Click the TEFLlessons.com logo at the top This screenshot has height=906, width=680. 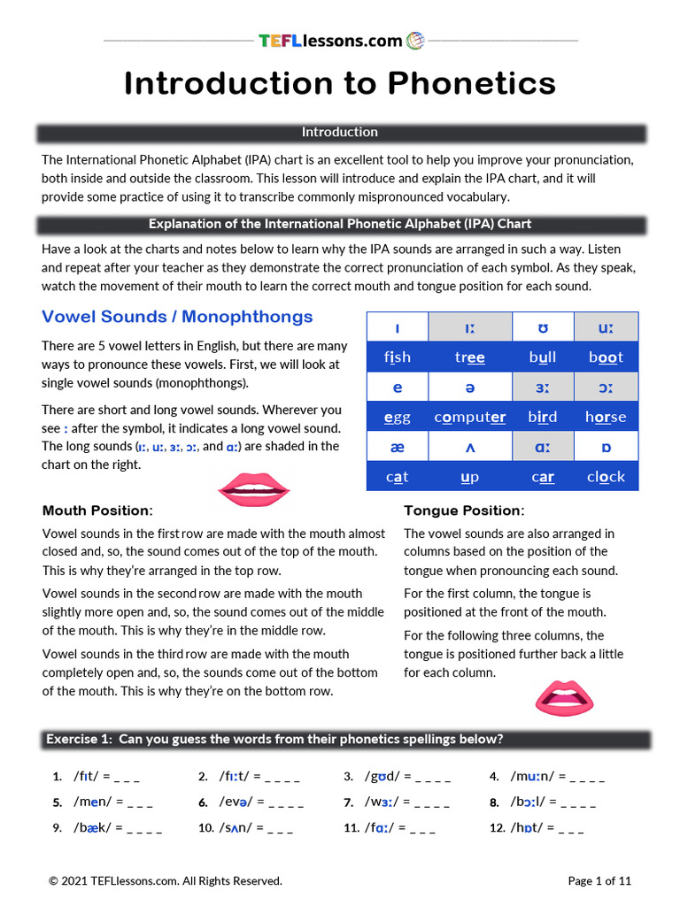[x=340, y=41]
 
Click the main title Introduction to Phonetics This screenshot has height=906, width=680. [x=340, y=84]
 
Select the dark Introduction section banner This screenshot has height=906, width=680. [x=340, y=133]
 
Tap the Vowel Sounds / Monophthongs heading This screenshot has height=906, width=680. [x=177, y=317]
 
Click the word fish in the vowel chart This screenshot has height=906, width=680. [x=398, y=357]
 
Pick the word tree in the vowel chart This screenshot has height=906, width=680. [x=470, y=357]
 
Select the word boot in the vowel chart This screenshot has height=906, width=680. [x=606, y=357]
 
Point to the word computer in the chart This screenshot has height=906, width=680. [x=470, y=417]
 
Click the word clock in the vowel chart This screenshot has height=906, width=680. [x=606, y=477]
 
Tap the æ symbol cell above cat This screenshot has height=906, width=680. [x=398, y=448]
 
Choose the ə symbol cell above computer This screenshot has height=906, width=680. [x=470, y=388]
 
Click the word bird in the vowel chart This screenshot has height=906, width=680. [x=543, y=417]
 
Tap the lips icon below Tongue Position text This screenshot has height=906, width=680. [x=562, y=698]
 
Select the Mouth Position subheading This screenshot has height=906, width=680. [x=97, y=511]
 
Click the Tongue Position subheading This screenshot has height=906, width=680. [x=464, y=511]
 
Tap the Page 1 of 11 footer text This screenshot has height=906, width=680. [x=599, y=880]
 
